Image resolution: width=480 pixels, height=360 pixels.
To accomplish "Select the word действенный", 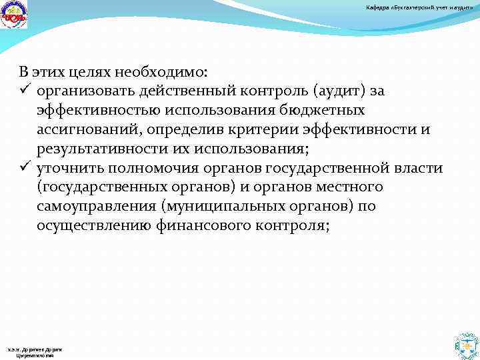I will [x=189, y=90].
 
